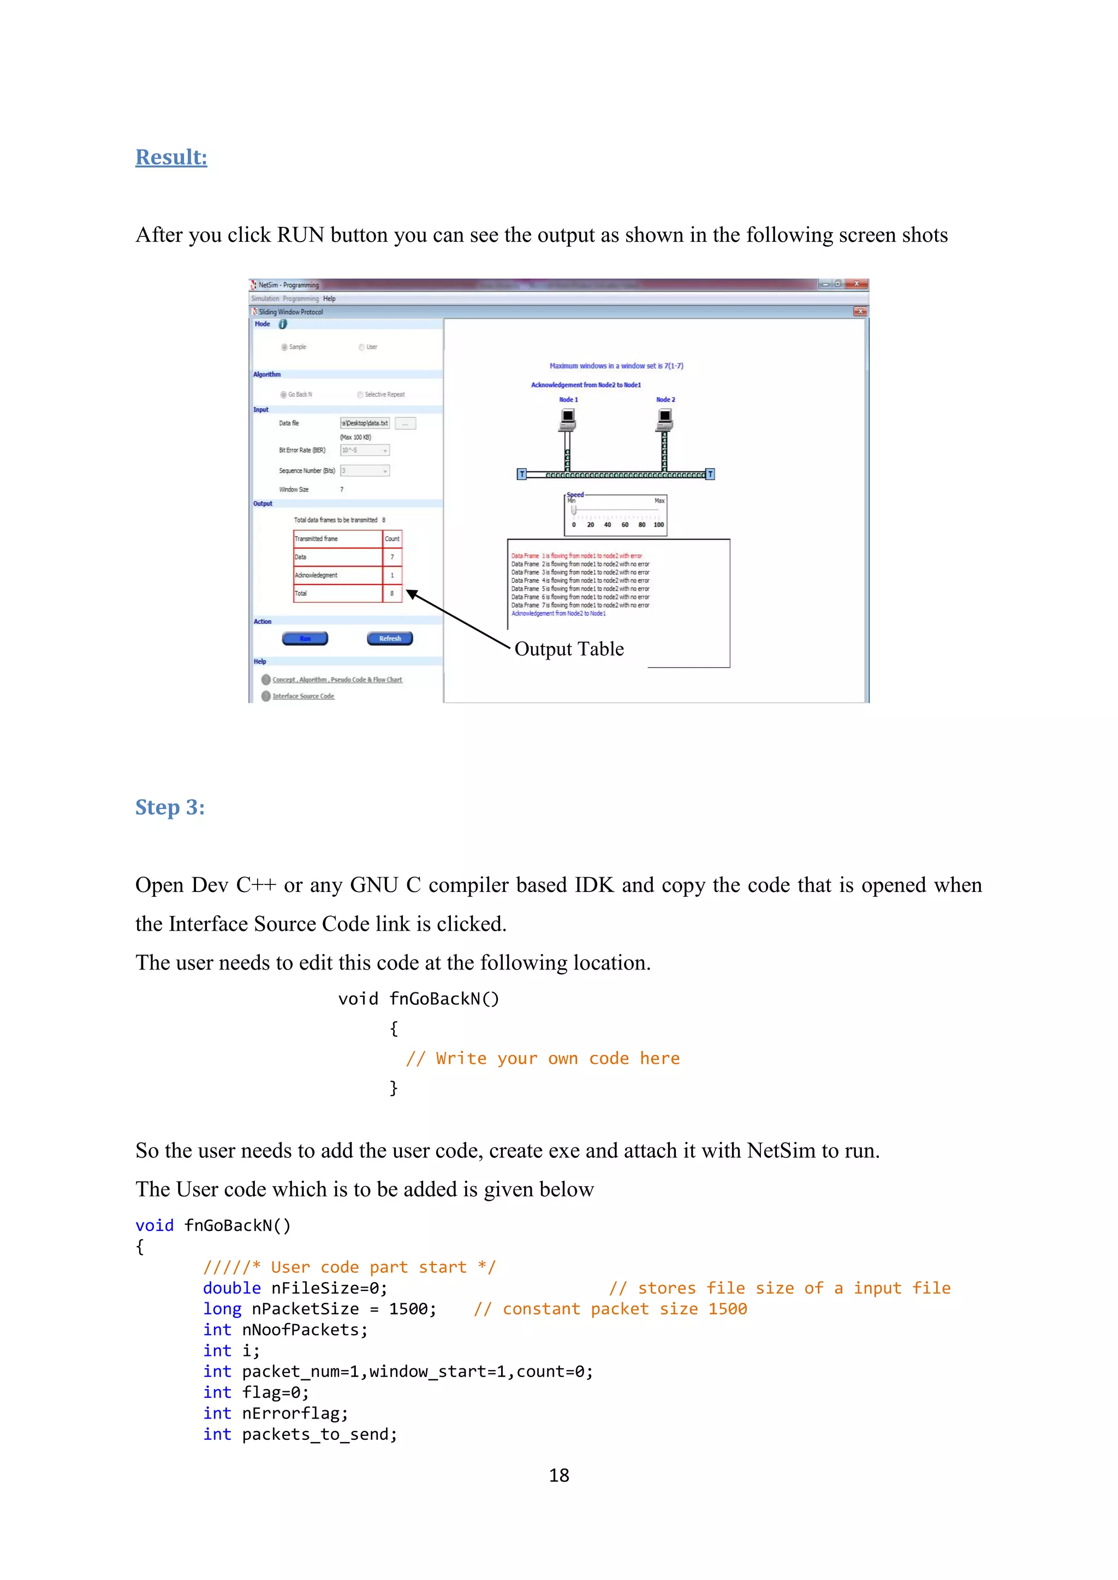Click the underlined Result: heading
point(171,158)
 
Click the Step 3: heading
point(169,807)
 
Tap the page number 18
point(558,1475)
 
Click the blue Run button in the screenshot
point(305,639)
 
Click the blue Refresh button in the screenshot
point(390,639)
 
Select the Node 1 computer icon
point(567,419)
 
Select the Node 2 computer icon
point(664,419)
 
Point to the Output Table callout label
point(569,649)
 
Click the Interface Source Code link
point(303,696)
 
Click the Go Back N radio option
point(284,395)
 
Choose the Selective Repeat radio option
point(361,395)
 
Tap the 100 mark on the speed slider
point(659,525)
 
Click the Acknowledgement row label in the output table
point(317,575)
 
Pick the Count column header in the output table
point(392,539)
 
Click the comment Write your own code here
point(543,1058)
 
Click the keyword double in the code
point(231,1288)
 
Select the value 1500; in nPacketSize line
point(412,1309)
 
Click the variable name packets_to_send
point(319,1434)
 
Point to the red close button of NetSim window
point(856,284)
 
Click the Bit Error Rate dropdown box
point(365,450)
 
